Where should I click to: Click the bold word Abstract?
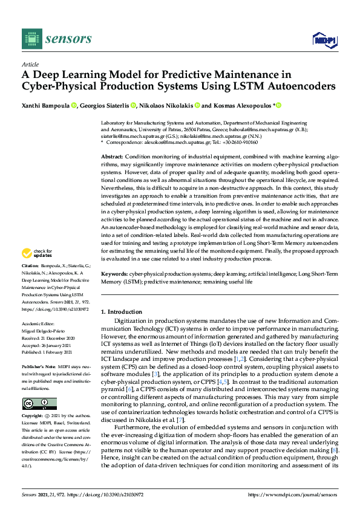(112, 157)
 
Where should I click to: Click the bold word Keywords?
(114, 274)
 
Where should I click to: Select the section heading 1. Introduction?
(121, 312)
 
